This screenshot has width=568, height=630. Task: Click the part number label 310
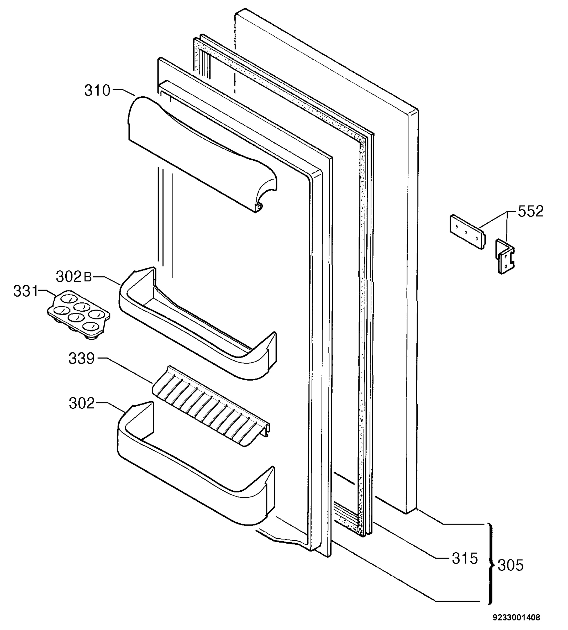point(97,91)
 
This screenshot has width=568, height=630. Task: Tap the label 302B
point(74,276)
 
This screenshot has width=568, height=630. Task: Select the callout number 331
point(25,291)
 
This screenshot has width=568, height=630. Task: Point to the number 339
point(81,359)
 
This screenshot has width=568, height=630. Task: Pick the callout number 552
point(530,211)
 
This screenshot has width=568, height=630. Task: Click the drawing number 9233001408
point(517,617)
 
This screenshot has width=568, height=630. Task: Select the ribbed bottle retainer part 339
point(211,406)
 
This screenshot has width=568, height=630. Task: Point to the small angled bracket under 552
point(505,256)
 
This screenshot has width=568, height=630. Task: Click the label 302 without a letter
point(81,403)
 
